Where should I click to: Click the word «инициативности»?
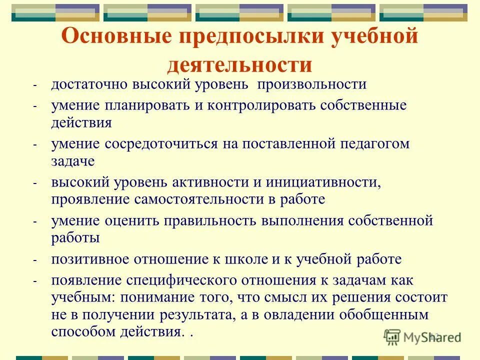click(x=323, y=182)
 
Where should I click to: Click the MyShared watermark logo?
click(x=422, y=337)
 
